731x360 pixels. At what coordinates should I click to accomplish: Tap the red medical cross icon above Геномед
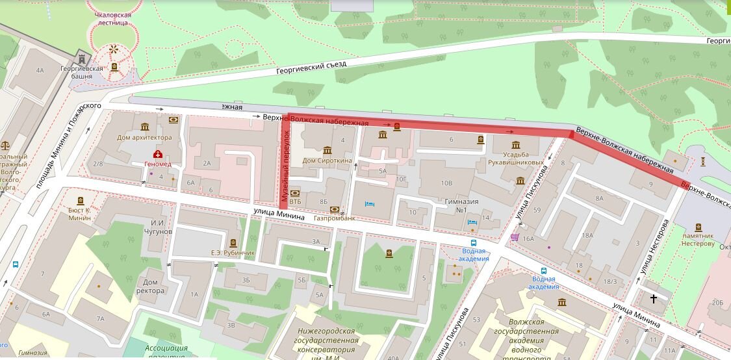157,154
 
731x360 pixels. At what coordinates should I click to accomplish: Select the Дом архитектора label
144,137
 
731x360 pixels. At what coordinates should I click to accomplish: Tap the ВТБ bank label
295,193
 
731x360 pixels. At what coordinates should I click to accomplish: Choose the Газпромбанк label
335,218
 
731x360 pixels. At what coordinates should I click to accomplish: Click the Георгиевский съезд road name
311,68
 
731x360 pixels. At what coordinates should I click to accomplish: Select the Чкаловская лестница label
113,19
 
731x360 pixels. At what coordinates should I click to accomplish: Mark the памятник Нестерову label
698,240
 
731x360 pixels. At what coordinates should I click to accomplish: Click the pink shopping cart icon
515,237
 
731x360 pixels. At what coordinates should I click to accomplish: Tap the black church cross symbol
654,299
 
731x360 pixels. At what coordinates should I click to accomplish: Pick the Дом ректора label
151,286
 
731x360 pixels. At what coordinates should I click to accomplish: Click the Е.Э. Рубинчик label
233,252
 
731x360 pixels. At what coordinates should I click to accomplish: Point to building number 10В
446,183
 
